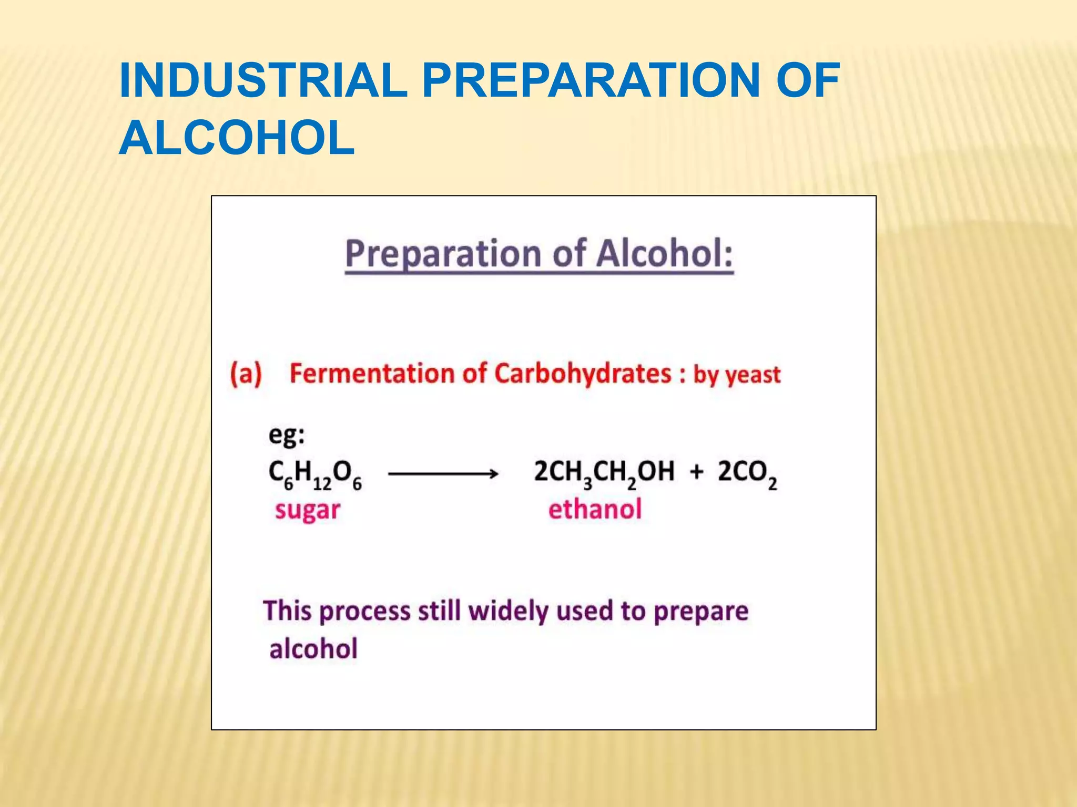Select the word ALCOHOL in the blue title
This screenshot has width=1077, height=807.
(x=237, y=138)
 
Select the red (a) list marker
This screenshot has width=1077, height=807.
(x=246, y=374)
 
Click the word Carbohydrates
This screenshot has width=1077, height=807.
(x=583, y=374)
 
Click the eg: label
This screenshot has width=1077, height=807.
(x=287, y=436)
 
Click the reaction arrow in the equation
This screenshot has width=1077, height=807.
(x=443, y=474)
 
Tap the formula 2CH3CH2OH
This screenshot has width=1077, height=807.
(x=604, y=472)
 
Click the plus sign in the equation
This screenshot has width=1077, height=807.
(x=696, y=471)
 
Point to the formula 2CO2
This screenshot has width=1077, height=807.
(x=747, y=473)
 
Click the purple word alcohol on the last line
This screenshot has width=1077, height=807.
(x=313, y=649)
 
